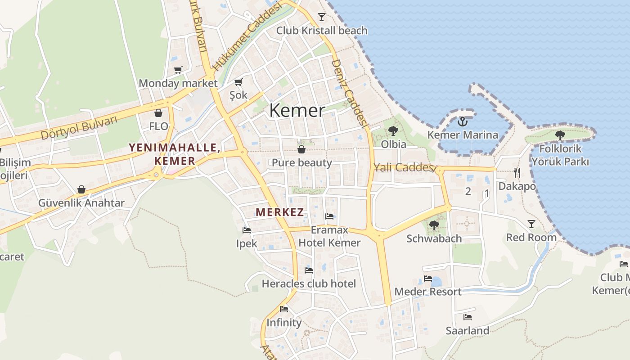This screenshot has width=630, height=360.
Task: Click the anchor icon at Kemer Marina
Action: tap(462, 121)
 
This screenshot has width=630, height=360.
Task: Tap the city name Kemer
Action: tap(297, 111)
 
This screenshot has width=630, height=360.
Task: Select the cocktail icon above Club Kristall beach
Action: tap(321, 17)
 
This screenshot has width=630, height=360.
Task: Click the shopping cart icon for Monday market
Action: tap(178, 70)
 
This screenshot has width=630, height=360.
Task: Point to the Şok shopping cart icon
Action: tap(238, 82)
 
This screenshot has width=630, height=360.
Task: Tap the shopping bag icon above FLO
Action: tap(158, 113)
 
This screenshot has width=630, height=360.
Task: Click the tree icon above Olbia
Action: tap(393, 131)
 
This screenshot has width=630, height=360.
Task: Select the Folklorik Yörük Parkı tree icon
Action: tap(560, 135)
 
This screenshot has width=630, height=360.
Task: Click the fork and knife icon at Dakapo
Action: tap(517, 172)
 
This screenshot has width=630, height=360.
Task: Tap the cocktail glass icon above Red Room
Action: tap(531, 224)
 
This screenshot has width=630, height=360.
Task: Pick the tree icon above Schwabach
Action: tap(434, 225)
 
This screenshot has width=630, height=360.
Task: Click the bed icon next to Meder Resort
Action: tap(427, 279)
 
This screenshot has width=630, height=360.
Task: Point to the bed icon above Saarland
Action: tap(467, 317)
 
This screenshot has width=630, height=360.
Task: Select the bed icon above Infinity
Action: tap(283, 309)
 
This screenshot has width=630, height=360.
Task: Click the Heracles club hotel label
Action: tap(309, 284)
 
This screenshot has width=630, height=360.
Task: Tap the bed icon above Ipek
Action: tap(246, 230)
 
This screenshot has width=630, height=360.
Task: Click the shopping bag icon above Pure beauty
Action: tap(301, 149)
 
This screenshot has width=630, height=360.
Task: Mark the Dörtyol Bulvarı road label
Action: tap(79, 128)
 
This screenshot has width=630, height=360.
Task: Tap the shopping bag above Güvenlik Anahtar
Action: tap(81, 189)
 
